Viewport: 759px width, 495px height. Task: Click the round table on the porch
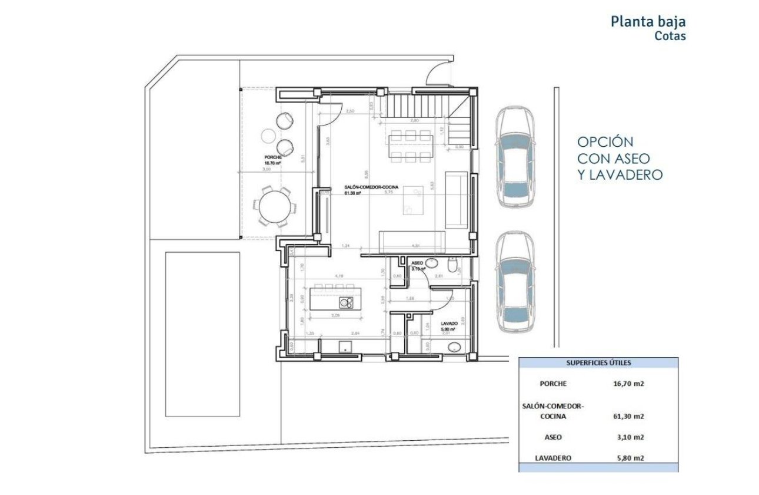coord(274,206)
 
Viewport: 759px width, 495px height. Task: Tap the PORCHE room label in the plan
coord(273,157)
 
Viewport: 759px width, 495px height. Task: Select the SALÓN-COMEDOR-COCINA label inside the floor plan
coord(371,187)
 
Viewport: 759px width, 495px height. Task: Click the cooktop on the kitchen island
coord(346,303)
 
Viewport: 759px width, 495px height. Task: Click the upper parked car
coord(515,157)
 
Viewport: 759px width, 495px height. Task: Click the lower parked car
coord(515,282)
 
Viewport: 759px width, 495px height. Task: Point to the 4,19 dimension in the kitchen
coord(339,275)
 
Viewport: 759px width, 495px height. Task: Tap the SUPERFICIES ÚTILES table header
coord(598,363)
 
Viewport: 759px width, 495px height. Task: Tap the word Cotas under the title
coord(670,35)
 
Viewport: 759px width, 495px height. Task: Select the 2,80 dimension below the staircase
coord(414,120)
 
